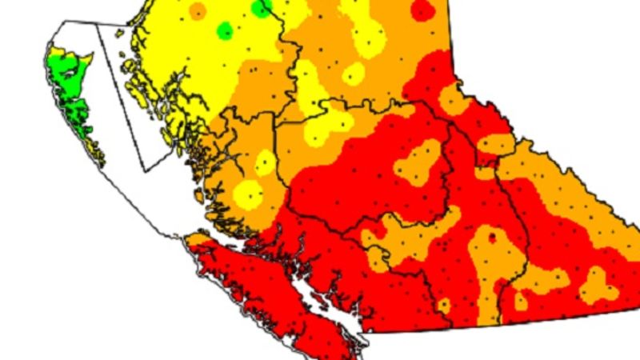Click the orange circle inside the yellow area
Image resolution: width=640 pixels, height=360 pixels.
click(x=197, y=10)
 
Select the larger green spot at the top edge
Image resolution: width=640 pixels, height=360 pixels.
click(x=261, y=8)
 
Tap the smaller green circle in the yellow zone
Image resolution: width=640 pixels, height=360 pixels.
click(x=226, y=31)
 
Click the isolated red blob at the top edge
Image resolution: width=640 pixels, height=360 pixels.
click(x=422, y=9)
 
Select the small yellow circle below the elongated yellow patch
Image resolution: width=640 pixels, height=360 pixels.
click(x=353, y=74)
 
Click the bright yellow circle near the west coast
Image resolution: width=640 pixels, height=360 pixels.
click(x=249, y=194)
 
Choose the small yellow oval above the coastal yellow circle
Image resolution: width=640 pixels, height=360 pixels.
click(x=264, y=163)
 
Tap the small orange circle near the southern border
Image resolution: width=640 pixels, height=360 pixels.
click(x=444, y=305)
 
